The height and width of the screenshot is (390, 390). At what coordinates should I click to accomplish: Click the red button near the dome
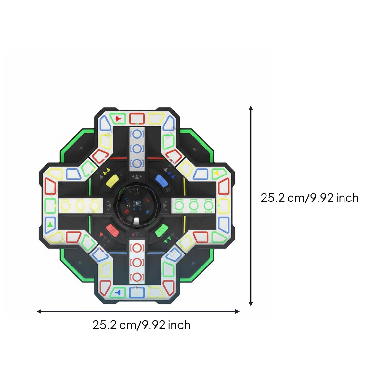pos(112,230)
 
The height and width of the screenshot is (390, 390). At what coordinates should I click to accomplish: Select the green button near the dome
pos(162,230)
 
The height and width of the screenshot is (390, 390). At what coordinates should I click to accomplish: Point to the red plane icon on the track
pos(118,118)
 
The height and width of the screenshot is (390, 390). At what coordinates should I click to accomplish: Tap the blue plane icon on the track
pos(118,292)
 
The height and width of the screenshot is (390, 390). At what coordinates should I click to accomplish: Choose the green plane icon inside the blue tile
pos(50,224)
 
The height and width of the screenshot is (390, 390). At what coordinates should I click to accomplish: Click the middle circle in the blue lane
pos(137,149)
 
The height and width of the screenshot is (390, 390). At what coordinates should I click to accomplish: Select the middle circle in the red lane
pos(137,263)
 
